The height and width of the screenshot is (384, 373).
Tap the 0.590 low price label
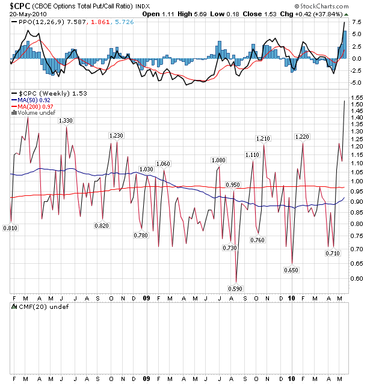pyautogui.click(x=236, y=287)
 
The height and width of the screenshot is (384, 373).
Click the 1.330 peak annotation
pyautogui.click(x=66, y=121)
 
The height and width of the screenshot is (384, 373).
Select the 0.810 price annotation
pyautogui.click(x=10, y=228)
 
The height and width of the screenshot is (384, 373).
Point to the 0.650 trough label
pyautogui.click(x=291, y=270)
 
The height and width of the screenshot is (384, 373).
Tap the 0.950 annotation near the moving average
pyautogui.click(x=233, y=184)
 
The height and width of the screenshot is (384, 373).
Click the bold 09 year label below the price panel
pyautogui.click(x=147, y=297)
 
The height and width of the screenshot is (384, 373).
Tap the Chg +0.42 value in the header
pyautogui.click(x=327, y=14)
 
